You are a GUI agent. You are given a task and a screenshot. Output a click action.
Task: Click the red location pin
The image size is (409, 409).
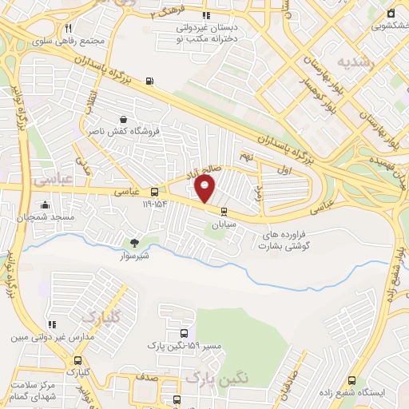[205, 189]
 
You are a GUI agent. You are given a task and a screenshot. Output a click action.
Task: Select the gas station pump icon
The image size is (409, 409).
[149, 81]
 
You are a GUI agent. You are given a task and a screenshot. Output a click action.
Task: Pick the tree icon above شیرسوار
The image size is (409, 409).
[133, 242]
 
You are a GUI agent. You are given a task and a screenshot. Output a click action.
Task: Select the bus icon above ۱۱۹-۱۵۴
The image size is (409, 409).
[154, 192]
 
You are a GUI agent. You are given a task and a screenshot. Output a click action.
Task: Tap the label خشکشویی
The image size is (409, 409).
[390, 25]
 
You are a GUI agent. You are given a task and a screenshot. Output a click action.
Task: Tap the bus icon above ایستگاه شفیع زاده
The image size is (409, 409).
[352, 380]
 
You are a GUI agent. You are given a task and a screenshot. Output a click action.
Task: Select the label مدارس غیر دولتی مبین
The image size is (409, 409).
[53, 337]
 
